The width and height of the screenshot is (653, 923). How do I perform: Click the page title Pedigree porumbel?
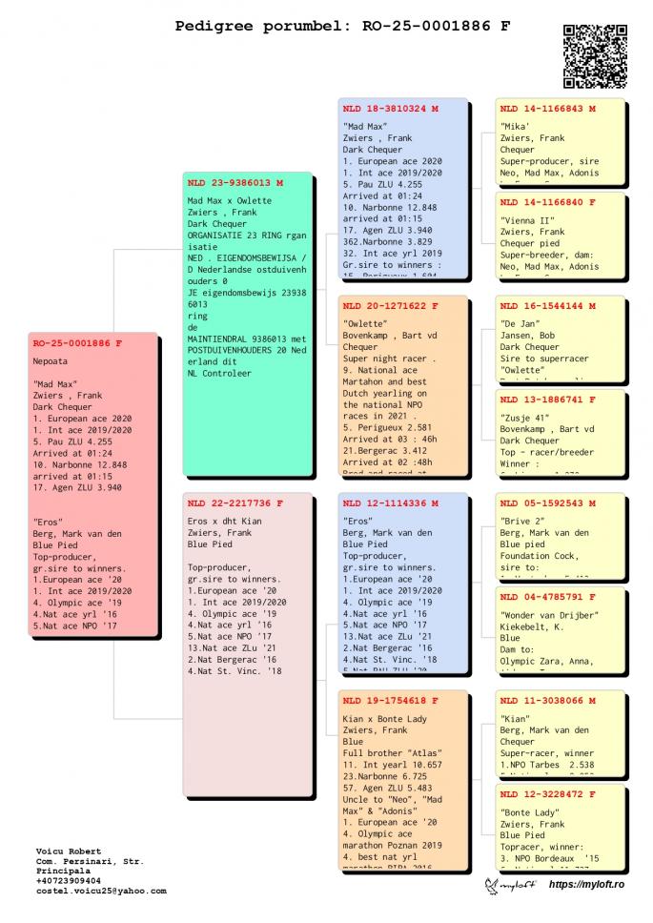[342, 26]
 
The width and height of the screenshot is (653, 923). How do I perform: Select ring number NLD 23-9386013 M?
[235, 182]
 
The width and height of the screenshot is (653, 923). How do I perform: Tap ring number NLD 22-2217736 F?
[235, 503]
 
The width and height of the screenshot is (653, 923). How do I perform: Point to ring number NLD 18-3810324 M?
[390, 109]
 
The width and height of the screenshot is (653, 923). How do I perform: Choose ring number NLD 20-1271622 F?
[390, 306]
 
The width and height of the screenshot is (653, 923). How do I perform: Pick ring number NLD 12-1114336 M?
[390, 503]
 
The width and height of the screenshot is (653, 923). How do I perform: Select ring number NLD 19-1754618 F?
[390, 701]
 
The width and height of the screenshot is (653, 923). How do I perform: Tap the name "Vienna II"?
[523, 220]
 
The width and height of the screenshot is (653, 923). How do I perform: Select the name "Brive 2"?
[521, 521]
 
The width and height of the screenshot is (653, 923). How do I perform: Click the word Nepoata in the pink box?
[51, 361]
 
